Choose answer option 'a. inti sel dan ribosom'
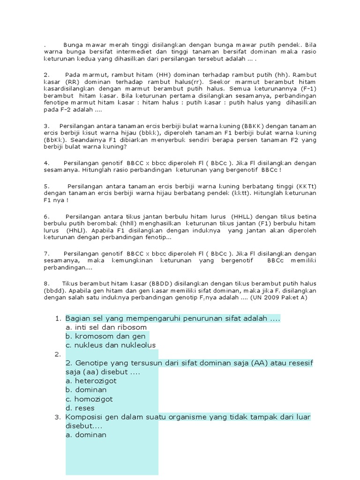[106, 327]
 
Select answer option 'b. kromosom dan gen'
[105, 336]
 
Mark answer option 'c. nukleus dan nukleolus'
[110, 345]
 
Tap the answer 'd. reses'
[80, 408]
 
